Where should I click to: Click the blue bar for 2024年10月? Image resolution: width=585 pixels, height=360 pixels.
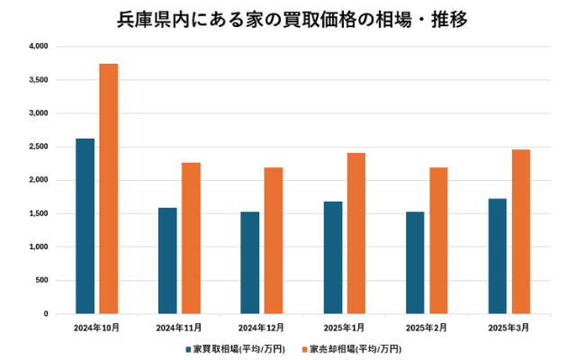85,226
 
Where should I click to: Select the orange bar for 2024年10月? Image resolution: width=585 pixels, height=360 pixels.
109,189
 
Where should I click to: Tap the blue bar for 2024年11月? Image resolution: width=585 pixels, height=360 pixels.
167,261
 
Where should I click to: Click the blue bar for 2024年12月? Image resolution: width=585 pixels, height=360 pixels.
250,263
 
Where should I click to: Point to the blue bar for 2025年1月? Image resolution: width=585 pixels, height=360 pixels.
333,257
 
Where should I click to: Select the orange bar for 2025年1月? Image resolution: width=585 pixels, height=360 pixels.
356,233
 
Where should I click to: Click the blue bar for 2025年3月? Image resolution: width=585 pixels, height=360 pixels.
498,256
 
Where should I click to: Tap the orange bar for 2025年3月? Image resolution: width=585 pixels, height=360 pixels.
521,231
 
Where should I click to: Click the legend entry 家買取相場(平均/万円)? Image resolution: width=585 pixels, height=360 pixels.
240,348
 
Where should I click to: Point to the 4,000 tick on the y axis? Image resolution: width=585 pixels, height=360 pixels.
37,46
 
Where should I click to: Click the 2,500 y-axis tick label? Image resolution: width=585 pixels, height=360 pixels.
37,147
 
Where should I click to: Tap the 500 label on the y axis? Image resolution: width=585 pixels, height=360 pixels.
40,281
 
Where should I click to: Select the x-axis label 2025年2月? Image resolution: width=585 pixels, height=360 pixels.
427,328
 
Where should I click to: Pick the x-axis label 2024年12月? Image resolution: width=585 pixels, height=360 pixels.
261,328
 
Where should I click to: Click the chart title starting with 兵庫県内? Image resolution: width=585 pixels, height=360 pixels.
292,18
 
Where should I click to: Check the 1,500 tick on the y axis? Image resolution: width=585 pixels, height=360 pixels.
37,213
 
